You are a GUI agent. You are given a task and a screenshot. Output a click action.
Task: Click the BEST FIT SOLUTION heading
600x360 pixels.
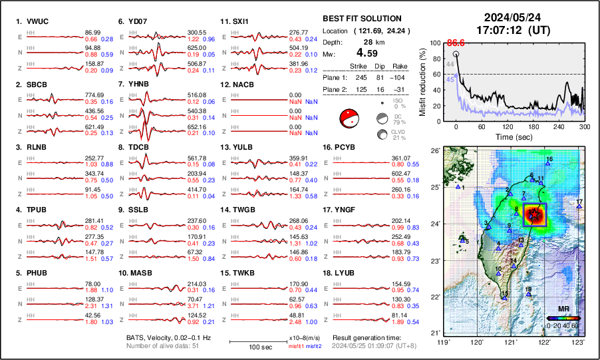click(362, 19)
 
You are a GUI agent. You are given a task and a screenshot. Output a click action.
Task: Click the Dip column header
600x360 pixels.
click(380, 66)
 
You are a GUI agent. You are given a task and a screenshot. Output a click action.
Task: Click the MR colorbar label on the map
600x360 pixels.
click(563, 309)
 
